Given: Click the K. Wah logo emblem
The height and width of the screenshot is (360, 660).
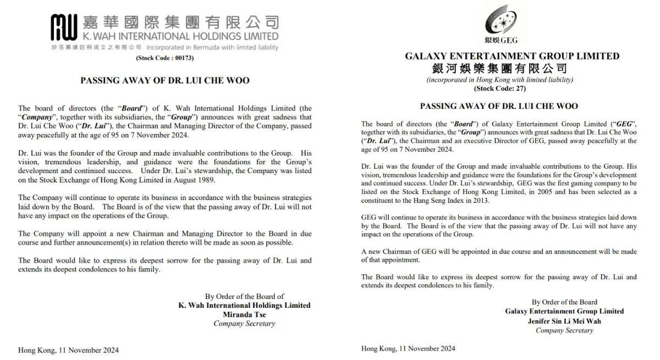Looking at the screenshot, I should pos(64,26).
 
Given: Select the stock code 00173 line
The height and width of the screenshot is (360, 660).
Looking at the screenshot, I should pos(164,58).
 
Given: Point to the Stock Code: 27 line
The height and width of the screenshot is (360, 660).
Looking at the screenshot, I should pos(499,88).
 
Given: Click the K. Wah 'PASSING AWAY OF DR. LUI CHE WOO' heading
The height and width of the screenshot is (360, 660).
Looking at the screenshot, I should pos(165,80).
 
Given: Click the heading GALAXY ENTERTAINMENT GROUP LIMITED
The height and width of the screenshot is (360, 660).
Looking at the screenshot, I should pos(512,56).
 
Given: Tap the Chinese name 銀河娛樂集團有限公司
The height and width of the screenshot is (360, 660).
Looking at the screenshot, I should pos(500,68).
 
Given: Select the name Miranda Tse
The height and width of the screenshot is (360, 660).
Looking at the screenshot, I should pos(244,314).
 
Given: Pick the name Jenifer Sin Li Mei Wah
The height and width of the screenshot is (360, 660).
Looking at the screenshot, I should pos(564,321).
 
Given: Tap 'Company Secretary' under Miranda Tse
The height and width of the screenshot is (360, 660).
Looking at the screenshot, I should pos(244,324).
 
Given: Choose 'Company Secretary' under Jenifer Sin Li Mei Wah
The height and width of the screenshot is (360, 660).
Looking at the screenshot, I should pos(564,330).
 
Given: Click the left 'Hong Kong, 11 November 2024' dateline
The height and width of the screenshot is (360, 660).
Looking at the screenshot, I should pos(68,350).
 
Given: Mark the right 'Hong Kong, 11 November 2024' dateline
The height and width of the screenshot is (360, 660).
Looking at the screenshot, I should pos(408,348).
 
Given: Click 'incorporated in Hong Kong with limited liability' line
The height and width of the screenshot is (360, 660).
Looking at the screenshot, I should pos(499,80).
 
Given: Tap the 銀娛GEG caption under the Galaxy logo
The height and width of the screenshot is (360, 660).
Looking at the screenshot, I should pos(501,40).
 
